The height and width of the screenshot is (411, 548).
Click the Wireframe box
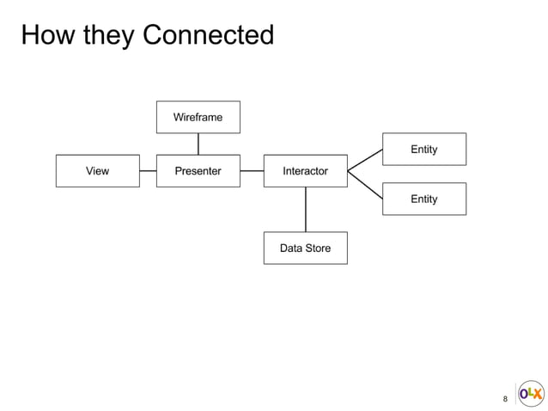(x=198, y=117)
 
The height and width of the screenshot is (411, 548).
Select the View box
(x=97, y=171)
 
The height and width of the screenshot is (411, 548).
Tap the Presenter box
(x=198, y=171)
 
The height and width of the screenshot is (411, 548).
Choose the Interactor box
(x=305, y=171)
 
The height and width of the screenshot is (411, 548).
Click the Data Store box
(x=305, y=248)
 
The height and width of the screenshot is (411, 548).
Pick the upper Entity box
(x=423, y=149)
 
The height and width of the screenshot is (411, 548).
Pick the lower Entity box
(x=423, y=199)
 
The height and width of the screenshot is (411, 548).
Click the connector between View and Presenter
(x=148, y=171)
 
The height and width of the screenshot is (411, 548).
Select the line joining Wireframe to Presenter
(x=198, y=144)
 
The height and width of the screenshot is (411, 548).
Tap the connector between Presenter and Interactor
(x=252, y=171)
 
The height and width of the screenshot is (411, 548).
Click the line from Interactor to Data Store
(x=306, y=209)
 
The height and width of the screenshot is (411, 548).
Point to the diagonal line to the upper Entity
(x=365, y=160)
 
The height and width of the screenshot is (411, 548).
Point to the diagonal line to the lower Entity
(x=365, y=184)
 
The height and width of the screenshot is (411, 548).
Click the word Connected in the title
(x=208, y=35)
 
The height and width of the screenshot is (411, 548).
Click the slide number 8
(x=505, y=399)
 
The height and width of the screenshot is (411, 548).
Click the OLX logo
(x=531, y=394)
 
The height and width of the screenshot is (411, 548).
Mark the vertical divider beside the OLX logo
(x=515, y=394)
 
